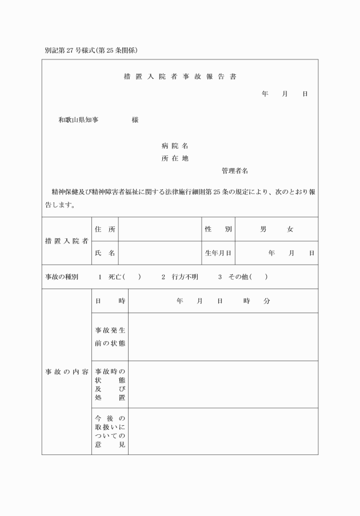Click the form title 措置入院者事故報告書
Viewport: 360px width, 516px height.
[180, 76]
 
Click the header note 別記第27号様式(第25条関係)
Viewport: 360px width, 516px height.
[91, 50]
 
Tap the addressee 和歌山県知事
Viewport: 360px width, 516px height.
[78, 120]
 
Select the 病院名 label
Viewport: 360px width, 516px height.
[175, 146]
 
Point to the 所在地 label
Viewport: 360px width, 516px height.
[175, 158]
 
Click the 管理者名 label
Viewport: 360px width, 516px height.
[234, 171]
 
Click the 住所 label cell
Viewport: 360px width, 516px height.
[105, 229]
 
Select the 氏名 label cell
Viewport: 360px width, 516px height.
[105, 253]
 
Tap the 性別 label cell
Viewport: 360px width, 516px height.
[218, 229]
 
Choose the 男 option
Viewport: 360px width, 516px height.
[263, 229]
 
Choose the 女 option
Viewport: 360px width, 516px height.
[290, 229]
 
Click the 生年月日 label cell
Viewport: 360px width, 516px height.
[218, 253]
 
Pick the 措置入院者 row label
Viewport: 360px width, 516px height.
[67, 241]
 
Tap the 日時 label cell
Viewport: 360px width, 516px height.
[110, 301]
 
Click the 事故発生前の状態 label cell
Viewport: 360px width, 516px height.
[110, 337]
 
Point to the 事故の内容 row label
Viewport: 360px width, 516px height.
[67, 372]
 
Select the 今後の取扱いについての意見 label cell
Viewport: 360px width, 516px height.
[110, 431]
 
